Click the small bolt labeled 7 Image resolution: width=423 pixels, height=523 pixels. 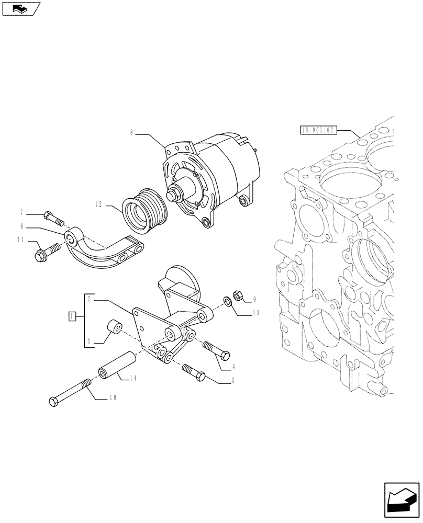pyautogui.click(x=53, y=217)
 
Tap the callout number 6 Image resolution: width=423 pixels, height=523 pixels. pyautogui.click(x=22, y=226)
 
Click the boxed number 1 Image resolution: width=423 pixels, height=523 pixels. pyautogui.click(x=72, y=316)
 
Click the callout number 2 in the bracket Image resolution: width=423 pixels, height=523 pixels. pyautogui.click(x=90, y=299)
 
